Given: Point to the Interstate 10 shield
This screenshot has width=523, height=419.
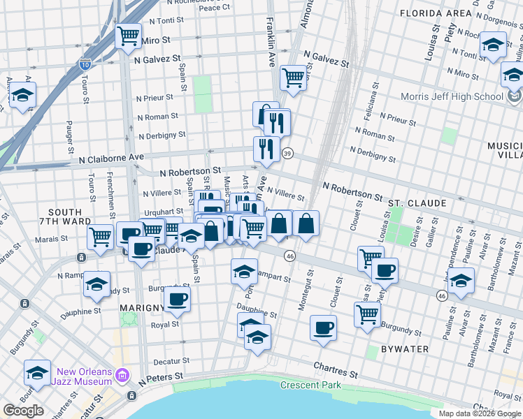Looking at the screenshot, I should (x=85, y=64).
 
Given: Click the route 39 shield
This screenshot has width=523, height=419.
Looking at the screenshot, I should (x=287, y=153).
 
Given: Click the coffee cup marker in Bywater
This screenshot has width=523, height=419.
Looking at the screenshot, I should (x=323, y=327).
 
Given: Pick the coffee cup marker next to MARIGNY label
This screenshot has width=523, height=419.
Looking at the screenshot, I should (x=177, y=300).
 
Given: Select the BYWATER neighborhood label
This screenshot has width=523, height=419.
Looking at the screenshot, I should (x=399, y=348).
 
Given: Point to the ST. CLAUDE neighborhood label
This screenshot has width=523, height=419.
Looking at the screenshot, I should (x=417, y=203).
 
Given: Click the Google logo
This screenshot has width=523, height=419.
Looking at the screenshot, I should (x=23, y=411).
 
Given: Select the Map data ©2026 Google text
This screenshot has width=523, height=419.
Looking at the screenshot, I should (x=479, y=413).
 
